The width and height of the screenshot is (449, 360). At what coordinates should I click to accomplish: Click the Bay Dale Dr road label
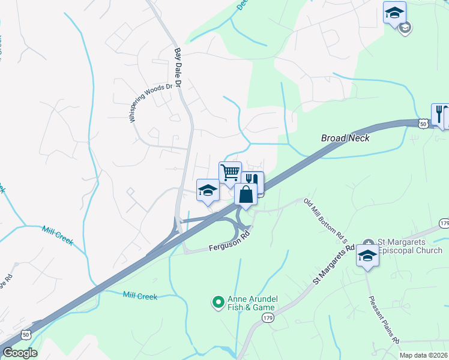point(178,67)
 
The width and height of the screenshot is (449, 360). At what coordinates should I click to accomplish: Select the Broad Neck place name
point(345,138)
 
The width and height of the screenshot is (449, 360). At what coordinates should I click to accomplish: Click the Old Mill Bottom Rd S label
point(326,221)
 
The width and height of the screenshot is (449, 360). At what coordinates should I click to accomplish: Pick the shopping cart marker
point(230,173)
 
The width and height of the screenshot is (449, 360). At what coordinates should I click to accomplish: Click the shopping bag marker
point(246,194)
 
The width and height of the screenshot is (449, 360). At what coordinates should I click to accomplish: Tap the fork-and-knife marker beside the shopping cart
point(253,180)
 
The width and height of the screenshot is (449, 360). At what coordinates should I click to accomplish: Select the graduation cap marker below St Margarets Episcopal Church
point(367,256)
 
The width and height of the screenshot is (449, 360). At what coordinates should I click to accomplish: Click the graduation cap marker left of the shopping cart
point(208,190)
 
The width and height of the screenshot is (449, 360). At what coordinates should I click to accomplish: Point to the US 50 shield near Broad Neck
point(423,123)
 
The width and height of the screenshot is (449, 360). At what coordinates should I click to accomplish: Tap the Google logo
point(20,353)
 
